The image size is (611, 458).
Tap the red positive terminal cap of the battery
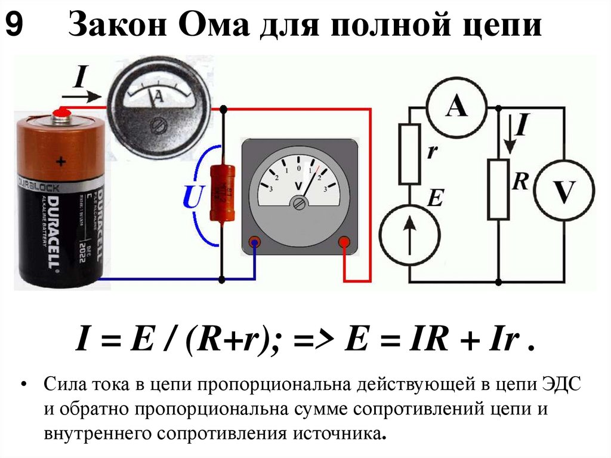[59, 112]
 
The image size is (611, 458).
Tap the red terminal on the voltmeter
[344, 242]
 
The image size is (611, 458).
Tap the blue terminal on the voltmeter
[255, 242]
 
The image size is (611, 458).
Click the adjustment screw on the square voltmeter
[298, 204]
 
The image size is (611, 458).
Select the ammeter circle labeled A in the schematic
[457, 107]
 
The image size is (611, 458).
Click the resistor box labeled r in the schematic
[410, 153]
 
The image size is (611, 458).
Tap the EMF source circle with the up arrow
[409, 232]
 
